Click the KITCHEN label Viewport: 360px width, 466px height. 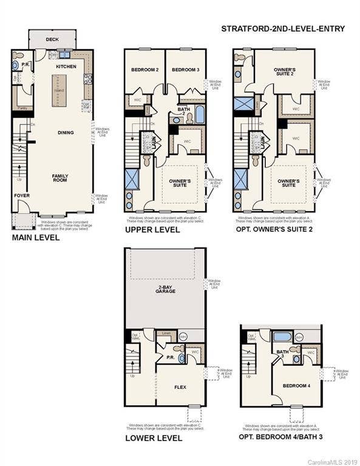click(66, 66)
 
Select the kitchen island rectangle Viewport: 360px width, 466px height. click(59, 89)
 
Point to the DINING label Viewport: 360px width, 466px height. click(66, 132)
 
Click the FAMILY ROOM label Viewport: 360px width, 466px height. click(59, 178)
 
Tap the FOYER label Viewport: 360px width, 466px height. click(21, 195)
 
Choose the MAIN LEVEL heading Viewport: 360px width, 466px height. click(36, 238)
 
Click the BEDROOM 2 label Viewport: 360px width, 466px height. click(144, 70)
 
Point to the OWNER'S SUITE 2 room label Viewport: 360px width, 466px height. click(284, 72)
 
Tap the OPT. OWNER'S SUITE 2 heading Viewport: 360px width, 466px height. click(276, 231)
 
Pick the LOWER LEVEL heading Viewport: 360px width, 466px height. click(153, 437)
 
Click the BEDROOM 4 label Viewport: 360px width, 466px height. click(296, 385)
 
